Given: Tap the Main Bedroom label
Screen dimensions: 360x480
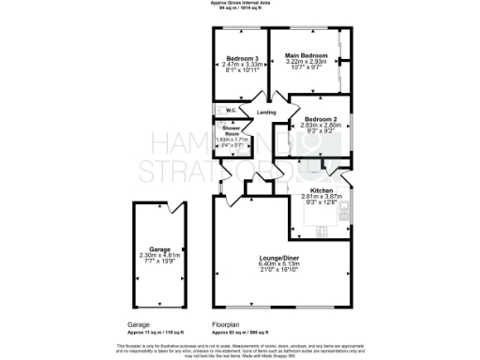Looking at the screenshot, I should (307, 57).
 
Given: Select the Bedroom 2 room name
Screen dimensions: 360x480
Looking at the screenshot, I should (321, 120).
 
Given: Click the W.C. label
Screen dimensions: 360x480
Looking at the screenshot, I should (231, 112).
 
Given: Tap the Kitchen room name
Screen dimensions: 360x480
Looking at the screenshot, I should (322, 189).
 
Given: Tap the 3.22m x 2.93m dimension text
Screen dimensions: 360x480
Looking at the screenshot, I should (307, 64).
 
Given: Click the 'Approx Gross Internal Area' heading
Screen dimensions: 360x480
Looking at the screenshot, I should (240, 3).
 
